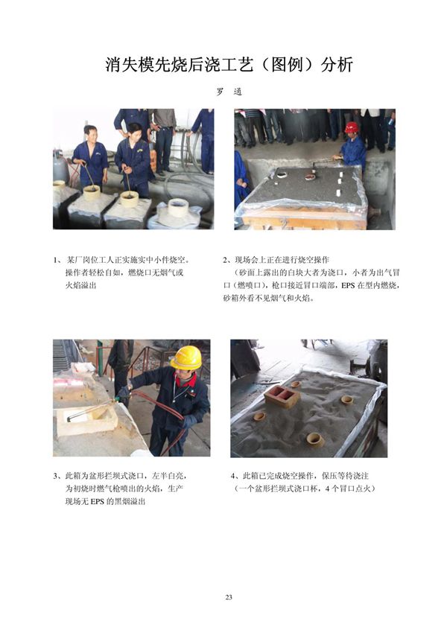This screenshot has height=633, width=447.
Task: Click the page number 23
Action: click(229, 597)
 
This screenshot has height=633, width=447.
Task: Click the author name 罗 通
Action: click(229, 92)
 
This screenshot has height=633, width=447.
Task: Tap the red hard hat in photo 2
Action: click(352, 127)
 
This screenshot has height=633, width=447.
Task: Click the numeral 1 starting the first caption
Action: click(57, 260)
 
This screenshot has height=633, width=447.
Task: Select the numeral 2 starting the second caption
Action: click(226, 260)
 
